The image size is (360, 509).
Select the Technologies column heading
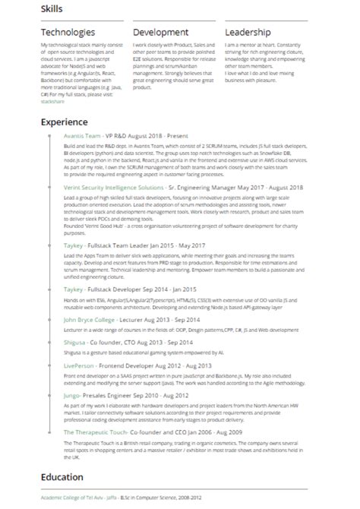[68, 33]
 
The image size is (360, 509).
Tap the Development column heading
[160, 33]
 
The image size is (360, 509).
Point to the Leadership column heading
[248, 33]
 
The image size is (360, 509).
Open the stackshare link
[53, 100]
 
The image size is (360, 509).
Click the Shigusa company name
[77, 343]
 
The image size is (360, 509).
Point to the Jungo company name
[74, 395]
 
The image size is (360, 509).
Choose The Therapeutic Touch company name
[99, 432]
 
